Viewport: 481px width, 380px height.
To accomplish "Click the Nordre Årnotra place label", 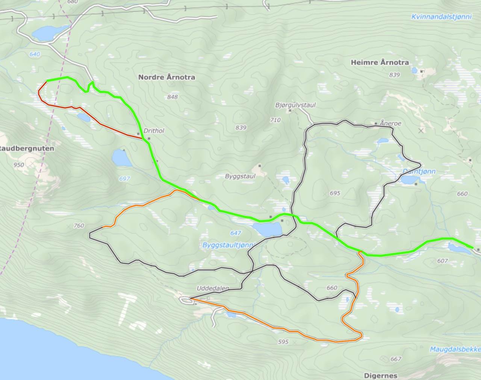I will tap(166, 77).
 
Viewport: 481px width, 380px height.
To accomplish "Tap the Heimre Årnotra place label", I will tap(380, 62).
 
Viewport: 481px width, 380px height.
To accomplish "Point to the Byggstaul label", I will tap(240, 176).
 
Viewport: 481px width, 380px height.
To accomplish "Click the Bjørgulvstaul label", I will tap(295, 105).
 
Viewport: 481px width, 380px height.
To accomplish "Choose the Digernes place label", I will tap(380, 375).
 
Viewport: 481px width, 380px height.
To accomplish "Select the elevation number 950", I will tap(18, 165).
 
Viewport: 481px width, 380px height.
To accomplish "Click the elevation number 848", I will tap(172, 97).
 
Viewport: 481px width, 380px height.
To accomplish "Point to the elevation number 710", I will tap(275, 120).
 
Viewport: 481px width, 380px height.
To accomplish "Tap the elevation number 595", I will tap(283, 342).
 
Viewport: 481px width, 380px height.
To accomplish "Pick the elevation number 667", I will tap(396, 359).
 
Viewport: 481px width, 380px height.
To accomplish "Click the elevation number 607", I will tap(443, 261).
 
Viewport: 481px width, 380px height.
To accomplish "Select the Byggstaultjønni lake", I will tap(267, 228).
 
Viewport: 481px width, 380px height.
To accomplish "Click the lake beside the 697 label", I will tap(121, 158).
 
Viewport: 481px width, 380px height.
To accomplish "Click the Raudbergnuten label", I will tap(27, 148).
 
